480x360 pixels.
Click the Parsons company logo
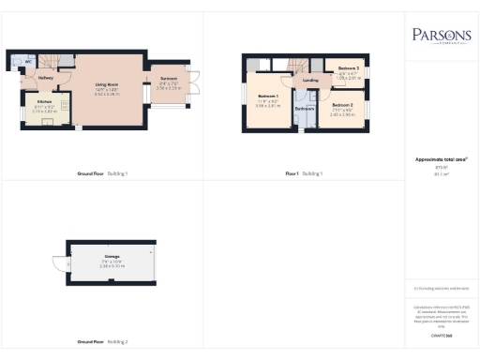coord(441,36)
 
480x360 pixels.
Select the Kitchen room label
coord(44,101)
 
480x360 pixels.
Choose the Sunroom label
coord(169,79)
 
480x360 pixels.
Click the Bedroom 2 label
coord(341,105)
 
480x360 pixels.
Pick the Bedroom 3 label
coord(349,69)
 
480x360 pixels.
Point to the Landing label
coord(311,81)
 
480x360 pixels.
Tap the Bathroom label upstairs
coord(304,109)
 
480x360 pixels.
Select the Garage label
coord(112,255)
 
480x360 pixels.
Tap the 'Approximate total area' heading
coord(441,159)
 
